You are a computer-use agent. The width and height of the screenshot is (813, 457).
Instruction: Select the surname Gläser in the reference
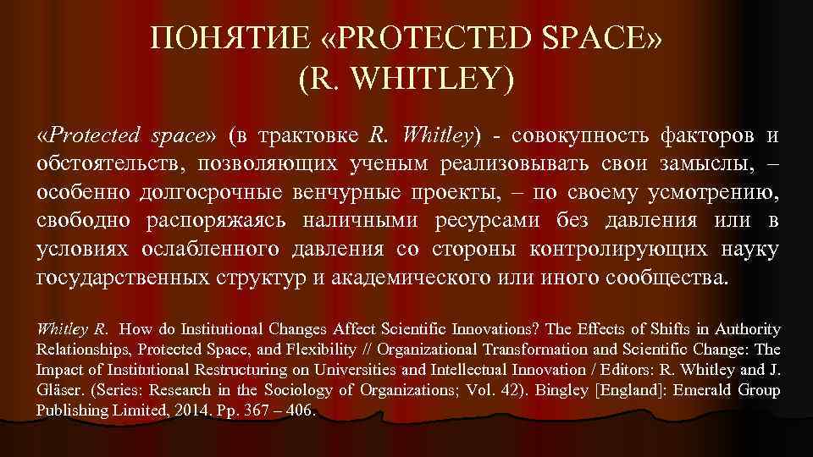point(59,390)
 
